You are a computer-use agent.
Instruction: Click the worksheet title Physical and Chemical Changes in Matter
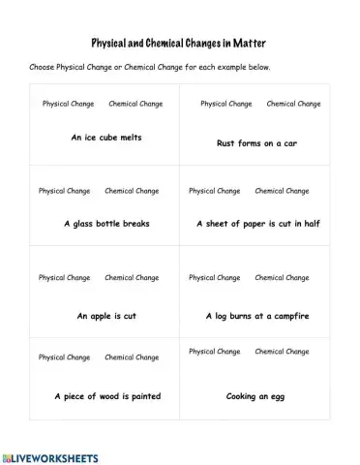tap(180, 44)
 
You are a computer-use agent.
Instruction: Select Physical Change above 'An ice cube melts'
tap(68, 103)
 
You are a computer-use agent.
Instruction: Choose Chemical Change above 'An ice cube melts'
tap(135, 103)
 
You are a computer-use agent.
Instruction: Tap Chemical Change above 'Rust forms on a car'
tap(293, 103)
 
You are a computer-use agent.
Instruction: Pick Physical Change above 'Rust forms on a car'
tap(225, 103)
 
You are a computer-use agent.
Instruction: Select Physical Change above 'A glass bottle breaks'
tap(64, 191)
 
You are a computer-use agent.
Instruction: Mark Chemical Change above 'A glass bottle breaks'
tap(132, 191)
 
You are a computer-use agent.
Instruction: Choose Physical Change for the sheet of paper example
tap(214, 191)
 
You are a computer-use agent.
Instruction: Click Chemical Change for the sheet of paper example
tap(282, 191)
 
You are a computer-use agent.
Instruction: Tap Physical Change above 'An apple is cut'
tap(64, 278)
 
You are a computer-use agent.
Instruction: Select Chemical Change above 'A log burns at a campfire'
tap(282, 278)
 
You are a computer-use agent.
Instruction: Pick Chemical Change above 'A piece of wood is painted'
tap(132, 357)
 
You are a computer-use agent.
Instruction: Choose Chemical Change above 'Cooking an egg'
tap(282, 352)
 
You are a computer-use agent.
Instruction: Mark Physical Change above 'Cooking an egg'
tap(214, 352)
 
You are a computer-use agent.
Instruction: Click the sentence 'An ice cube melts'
tap(106, 138)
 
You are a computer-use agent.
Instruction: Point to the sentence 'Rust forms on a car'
tap(256, 143)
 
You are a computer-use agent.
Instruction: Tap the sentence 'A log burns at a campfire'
tap(257, 316)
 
